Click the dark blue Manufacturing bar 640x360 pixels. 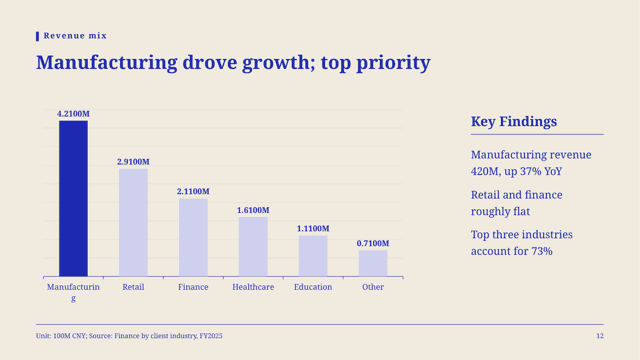click(x=73, y=198)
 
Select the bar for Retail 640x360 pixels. click(x=133, y=222)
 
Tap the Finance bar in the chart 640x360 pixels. click(x=193, y=238)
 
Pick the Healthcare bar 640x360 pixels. click(x=253, y=247)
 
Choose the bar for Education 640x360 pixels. click(x=313, y=256)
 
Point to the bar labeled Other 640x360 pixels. click(x=373, y=263)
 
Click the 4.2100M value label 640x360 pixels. click(x=73, y=114)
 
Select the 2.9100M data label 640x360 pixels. click(x=133, y=162)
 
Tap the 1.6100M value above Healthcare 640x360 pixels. click(x=253, y=210)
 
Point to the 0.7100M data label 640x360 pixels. click(x=373, y=244)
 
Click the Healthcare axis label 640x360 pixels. click(x=253, y=287)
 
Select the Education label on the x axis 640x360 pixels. click(x=313, y=287)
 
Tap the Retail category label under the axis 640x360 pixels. click(x=133, y=287)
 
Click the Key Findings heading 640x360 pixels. click(x=514, y=122)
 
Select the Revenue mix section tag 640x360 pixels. click(x=75, y=36)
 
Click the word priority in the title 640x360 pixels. click(x=393, y=63)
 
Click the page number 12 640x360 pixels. click(x=600, y=336)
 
